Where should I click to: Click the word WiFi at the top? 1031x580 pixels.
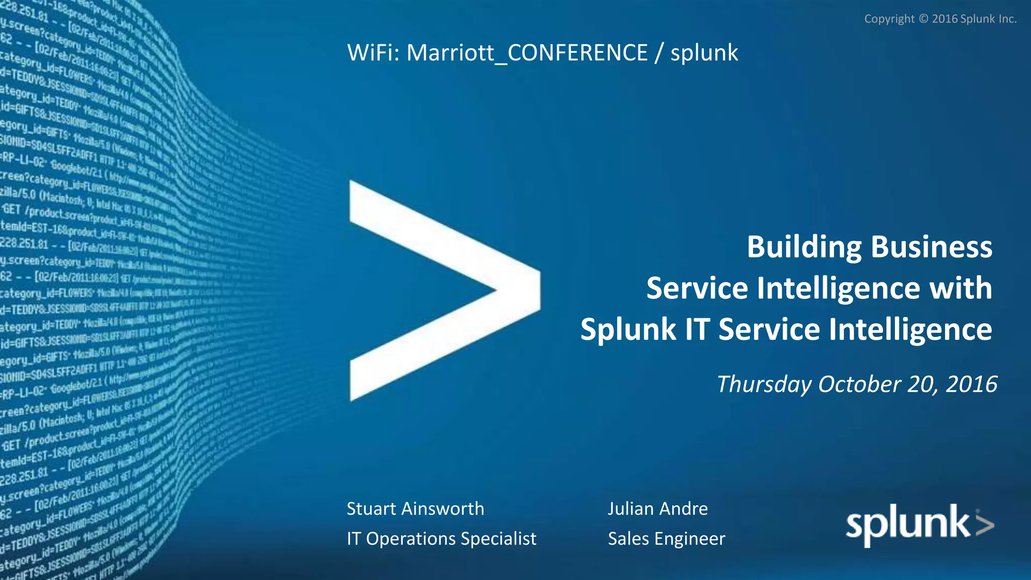[x=373, y=53]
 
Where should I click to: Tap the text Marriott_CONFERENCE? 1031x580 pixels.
[x=527, y=53]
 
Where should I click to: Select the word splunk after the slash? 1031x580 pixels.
[x=704, y=53]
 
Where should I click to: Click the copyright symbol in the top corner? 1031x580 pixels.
[x=923, y=19]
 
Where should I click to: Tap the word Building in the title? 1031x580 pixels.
[x=804, y=247]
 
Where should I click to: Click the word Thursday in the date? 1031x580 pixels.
[x=764, y=384]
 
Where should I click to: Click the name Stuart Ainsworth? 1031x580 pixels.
[x=415, y=509]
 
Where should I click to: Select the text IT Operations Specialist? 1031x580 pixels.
[x=441, y=539]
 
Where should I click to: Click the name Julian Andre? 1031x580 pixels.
[x=657, y=509]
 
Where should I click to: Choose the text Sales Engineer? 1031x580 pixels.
[x=667, y=539]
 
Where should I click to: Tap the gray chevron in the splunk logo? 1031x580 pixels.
[x=984, y=524]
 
